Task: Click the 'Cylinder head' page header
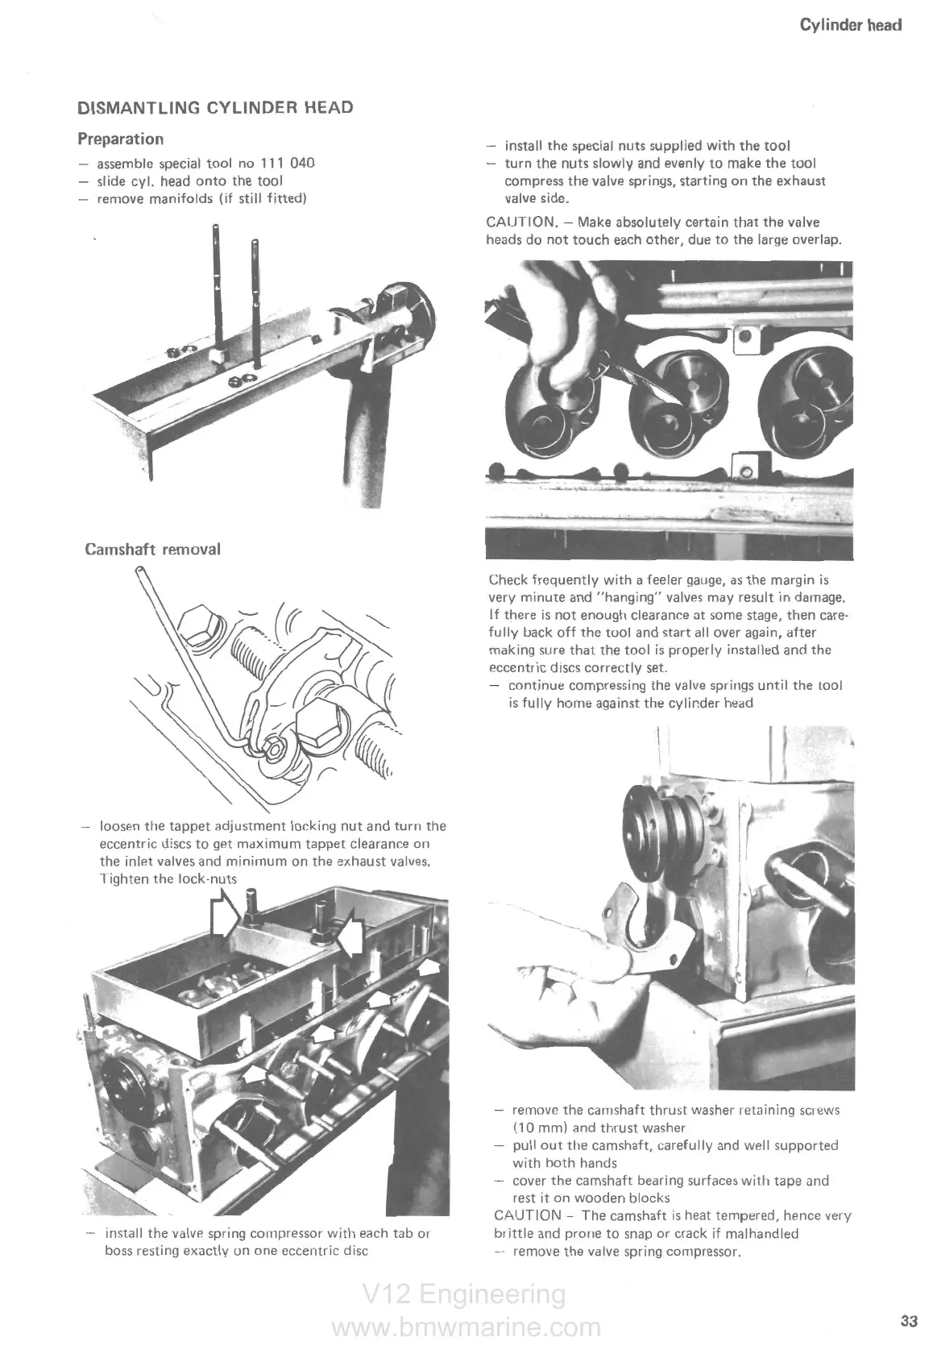tap(850, 25)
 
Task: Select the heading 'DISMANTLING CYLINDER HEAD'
tap(215, 108)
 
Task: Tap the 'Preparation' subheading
tap(120, 139)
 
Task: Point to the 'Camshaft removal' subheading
tap(152, 550)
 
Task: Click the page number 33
tap(909, 1321)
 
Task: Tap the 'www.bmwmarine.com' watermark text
tap(466, 1327)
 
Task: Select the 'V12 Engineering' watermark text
tap(464, 1294)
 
